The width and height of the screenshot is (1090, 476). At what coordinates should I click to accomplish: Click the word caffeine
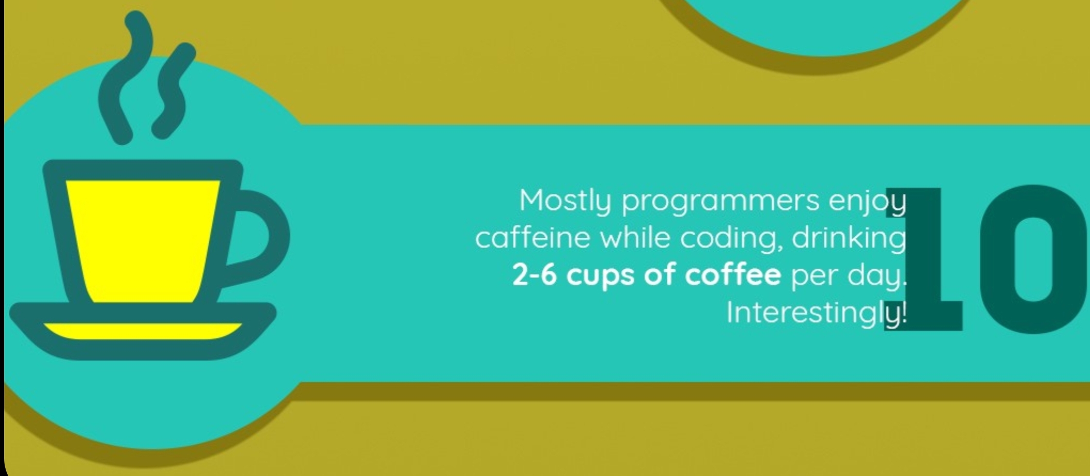pos(532,238)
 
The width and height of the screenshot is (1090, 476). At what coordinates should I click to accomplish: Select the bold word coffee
pos(733,274)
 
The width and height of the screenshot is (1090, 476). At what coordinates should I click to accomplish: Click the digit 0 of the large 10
pos(1035,259)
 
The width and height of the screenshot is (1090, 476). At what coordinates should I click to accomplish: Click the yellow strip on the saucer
pos(143,331)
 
